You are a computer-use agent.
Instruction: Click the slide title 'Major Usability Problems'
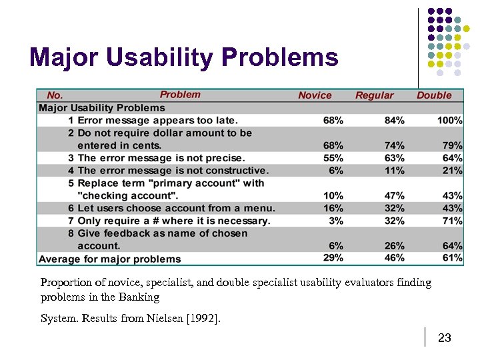(184, 58)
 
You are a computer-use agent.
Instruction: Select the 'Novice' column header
(315, 95)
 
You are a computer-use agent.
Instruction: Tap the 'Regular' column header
(374, 95)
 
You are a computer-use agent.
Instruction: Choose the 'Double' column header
(434, 95)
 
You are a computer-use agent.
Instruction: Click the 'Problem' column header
(180, 95)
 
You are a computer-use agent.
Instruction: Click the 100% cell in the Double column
(449, 121)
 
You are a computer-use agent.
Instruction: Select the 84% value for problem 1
(394, 121)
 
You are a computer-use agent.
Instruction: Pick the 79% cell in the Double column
(452, 145)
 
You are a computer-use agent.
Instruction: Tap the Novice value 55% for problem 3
(333, 158)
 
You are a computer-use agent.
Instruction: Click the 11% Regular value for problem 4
(394, 171)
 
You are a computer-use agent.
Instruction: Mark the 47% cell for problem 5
(394, 195)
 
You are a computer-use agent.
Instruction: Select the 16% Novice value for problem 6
(333, 208)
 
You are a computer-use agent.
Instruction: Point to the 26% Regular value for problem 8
(394, 246)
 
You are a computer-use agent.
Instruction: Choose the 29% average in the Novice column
(333, 258)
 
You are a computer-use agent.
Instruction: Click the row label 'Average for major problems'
(110, 259)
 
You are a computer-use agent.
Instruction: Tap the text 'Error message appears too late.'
(157, 121)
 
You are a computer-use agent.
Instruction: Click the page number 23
(445, 339)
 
